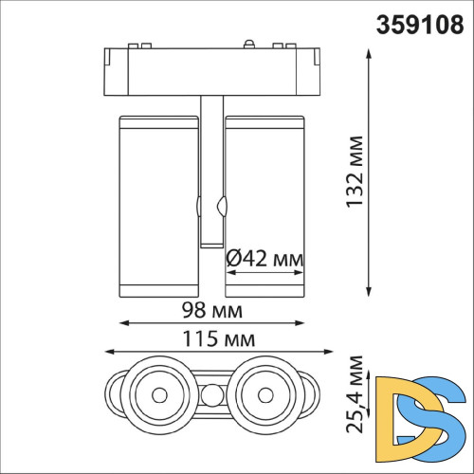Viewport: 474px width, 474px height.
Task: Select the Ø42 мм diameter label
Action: tap(265, 257)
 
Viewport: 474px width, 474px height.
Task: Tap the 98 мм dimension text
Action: tap(212, 310)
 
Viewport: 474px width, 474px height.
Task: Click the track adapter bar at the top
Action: tap(210, 69)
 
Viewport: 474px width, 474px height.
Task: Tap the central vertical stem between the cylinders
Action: tap(210, 171)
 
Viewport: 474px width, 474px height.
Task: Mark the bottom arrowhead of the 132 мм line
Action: tap(368, 290)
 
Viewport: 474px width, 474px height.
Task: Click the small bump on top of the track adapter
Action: tap(249, 42)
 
